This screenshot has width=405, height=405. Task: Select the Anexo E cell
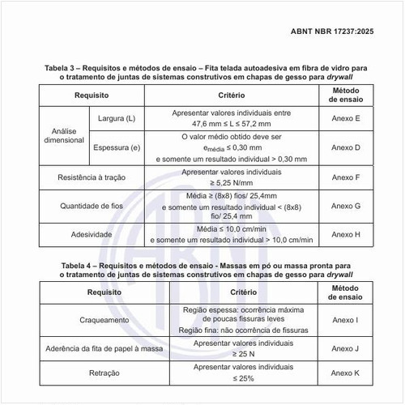tap(346, 119)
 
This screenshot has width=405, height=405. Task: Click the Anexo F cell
tap(346, 177)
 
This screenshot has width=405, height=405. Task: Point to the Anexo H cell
tap(346, 234)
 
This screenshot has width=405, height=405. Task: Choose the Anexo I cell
tap(346, 320)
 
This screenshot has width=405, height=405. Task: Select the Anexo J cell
tap(346, 349)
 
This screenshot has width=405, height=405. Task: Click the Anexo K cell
tap(346, 373)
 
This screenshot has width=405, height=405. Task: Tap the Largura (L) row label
tap(117, 119)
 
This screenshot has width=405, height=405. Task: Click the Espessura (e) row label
tap(117, 148)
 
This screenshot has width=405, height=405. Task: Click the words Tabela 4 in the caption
tap(77, 264)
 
